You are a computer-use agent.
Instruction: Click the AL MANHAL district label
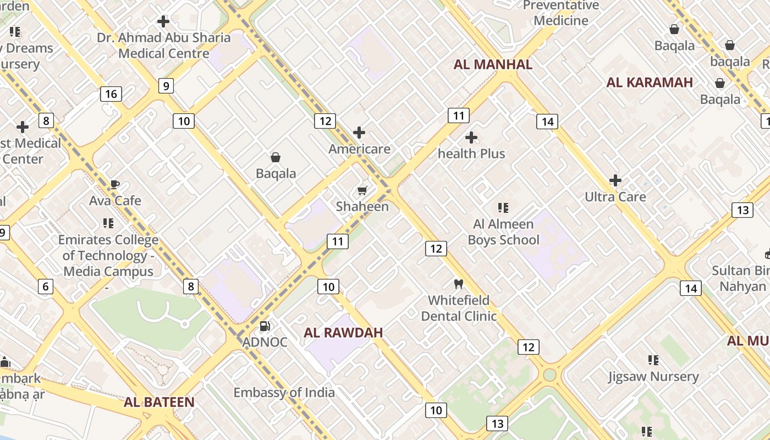coord(493,64)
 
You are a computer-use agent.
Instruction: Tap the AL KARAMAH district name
coord(650,82)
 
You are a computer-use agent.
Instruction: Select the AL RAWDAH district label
coord(343,332)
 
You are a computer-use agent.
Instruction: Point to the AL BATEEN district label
coord(159,402)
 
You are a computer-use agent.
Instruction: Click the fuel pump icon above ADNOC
coord(265,326)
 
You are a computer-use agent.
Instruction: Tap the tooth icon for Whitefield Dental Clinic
coord(458,284)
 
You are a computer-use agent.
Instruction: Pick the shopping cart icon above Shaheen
coord(362,190)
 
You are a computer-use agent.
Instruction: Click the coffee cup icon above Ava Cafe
coord(114,184)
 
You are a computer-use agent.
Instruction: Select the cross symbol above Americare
coord(359,133)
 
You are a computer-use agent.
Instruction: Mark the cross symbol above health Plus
coord(471,137)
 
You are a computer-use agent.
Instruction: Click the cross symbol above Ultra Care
coord(615,180)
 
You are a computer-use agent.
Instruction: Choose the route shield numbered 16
coord(111,94)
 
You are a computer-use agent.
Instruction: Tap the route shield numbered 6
coord(46,286)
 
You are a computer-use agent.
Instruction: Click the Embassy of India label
coord(284,392)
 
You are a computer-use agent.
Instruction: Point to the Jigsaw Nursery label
coord(653,376)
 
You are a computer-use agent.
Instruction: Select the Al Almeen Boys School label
coord(503,232)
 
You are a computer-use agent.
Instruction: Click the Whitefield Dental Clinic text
coord(459,308)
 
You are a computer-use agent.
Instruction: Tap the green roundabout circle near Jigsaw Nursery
coord(549,375)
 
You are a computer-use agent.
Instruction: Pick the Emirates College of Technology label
coord(108,255)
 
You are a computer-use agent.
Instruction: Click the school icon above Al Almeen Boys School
coord(503,207)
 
